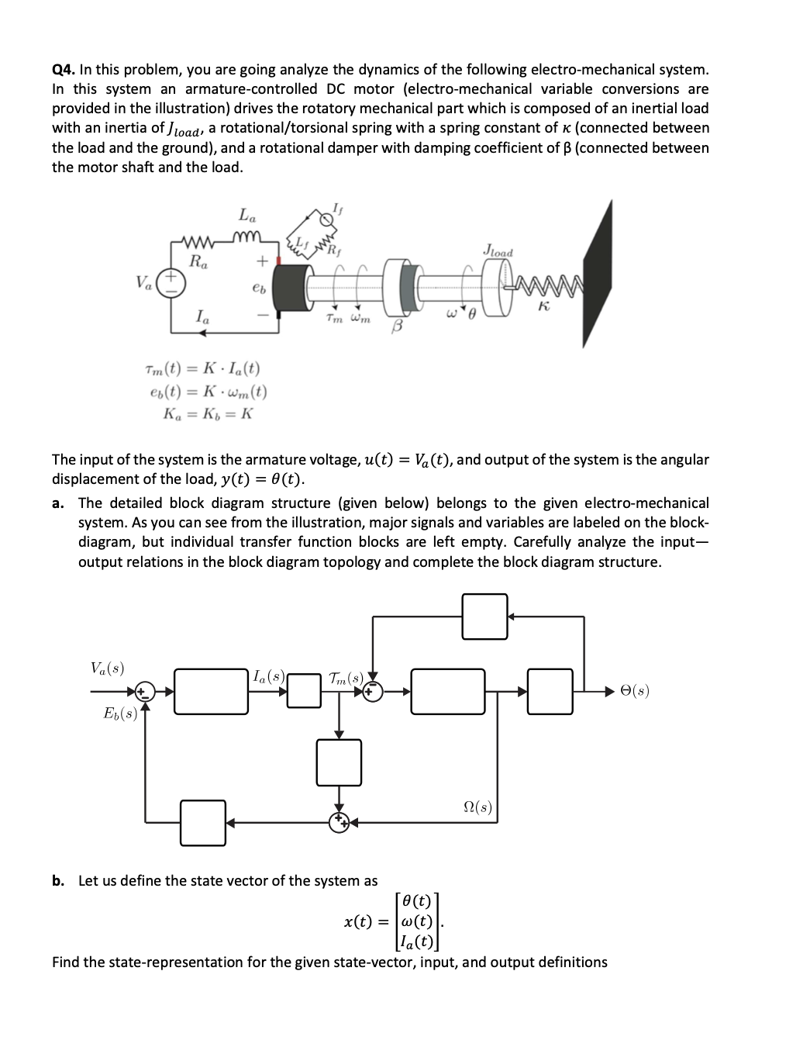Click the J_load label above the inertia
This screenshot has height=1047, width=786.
coord(498,251)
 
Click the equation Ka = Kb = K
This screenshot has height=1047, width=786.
coord(208,413)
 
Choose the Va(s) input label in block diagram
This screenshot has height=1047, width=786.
coord(108,668)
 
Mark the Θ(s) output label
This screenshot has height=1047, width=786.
coord(635,689)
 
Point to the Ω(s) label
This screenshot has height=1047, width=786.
coord(476,807)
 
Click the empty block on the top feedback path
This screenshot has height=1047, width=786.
coord(484,617)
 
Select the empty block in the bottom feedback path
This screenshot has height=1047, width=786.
coord(203,822)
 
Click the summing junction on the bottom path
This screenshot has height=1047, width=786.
coord(339,821)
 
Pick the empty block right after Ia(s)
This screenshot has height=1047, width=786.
coord(305,690)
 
